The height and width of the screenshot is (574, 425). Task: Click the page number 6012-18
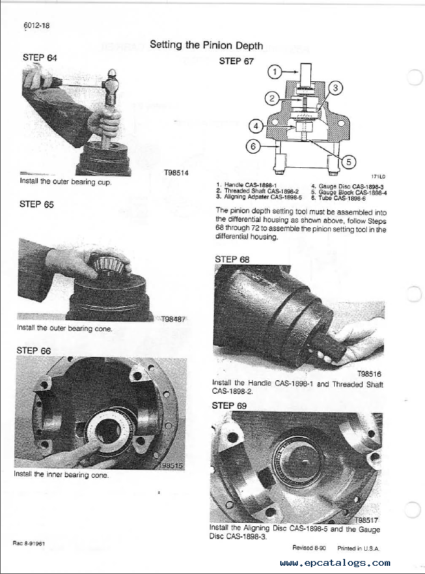pyautogui.click(x=36, y=26)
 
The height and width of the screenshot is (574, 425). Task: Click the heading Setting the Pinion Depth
pyautogui.click(x=206, y=45)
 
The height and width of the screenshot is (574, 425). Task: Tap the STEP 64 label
pyautogui.click(x=40, y=57)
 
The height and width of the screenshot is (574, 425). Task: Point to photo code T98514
pyautogui.click(x=176, y=173)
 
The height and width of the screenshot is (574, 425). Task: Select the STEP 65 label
pyautogui.click(x=37, y=204)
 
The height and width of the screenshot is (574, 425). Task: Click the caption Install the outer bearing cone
pyautogui.click(x=64, y=328)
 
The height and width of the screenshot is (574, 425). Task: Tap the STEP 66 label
pyautogui.click(x=33, y=351)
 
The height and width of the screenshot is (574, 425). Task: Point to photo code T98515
pyautogui.click(x=171, y=465)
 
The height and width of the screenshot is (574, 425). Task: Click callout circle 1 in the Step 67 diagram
pyautogui.click(x=275, y=72)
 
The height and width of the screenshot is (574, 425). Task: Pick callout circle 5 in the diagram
pyautogui.click(x=348, y=162)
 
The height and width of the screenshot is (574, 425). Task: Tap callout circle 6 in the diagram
pyautogui.click(x=253, y=147)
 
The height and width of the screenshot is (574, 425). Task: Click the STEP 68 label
pyautogui.click(x=232, y=259)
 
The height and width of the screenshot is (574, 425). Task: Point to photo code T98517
pyautogui.click(x=366, y=520)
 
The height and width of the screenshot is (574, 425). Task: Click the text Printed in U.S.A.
pyautogui.click(x=358, y=548)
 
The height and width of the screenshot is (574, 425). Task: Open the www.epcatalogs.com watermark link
pyautogui.click(x=335, y=562)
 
